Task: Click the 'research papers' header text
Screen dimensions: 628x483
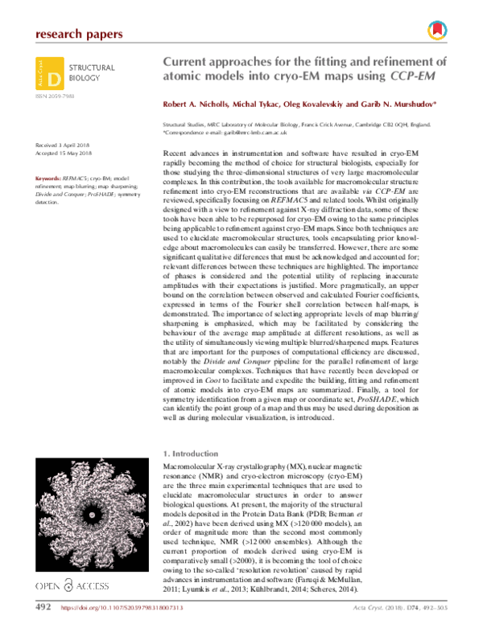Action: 80,34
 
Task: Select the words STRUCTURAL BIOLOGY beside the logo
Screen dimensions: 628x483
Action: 93,74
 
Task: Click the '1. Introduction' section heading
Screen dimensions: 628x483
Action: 191,453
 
